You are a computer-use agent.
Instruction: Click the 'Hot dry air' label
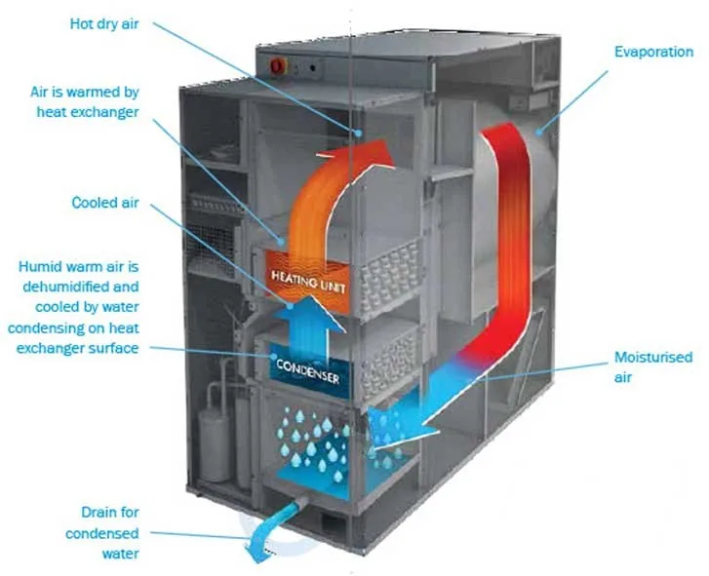coord(104,24)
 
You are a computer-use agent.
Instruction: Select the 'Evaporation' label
coord(653,52)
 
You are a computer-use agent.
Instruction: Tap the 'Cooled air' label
coord(105,203)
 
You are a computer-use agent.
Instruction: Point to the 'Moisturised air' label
coord(653,366)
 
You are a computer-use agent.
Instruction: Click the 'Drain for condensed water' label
coord(102,533)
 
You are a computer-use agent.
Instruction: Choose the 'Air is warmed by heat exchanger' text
coord(85,101)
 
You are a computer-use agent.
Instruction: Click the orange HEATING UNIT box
coord(307,283)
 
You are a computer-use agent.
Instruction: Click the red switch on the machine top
coord(278,66)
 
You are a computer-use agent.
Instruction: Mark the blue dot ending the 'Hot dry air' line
coord(358,133)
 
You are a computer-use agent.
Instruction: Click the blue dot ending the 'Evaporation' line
coord(538,133)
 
